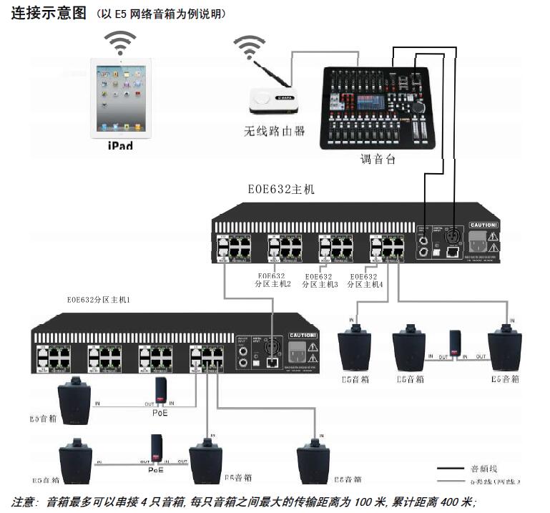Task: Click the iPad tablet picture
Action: click(121, 99)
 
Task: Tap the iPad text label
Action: click(120, 145)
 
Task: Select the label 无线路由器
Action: click(275, 131)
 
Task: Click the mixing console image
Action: click(377, 107)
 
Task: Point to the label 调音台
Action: click(378, 160)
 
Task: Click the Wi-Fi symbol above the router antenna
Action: click(249, 47)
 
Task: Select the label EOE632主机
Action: click(281, 190)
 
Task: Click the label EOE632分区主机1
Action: click(98, 300)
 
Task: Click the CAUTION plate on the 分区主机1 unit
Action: click(303, 335)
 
